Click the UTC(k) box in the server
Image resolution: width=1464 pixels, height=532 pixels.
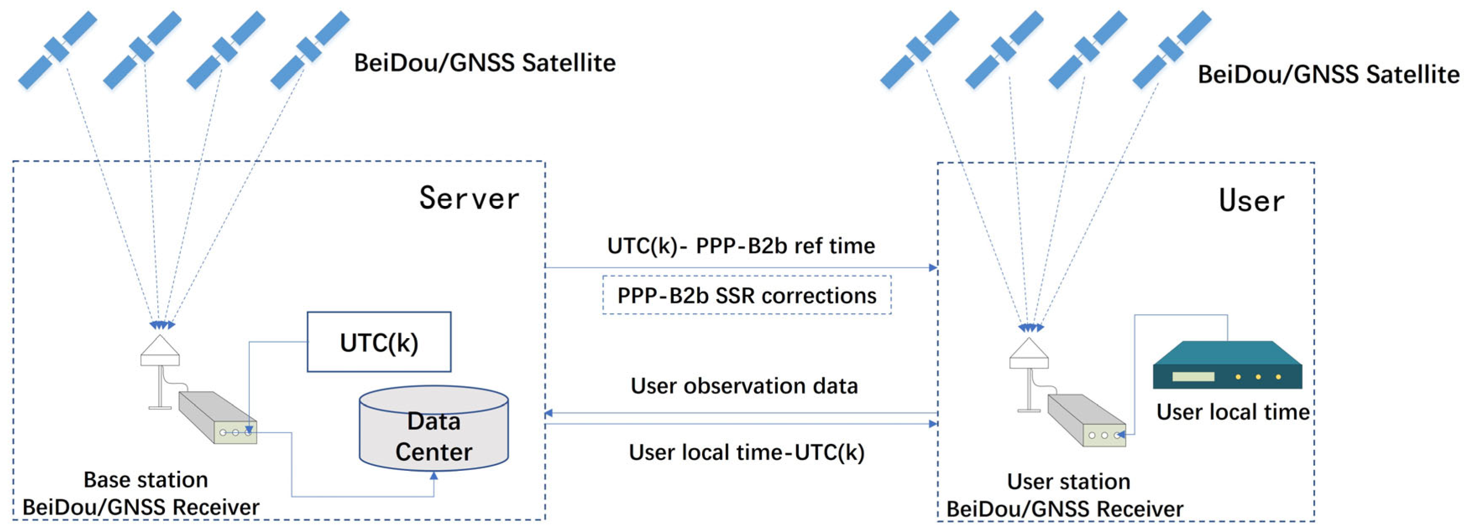pos(379,342)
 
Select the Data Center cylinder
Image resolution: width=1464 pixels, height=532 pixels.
pos(434,429)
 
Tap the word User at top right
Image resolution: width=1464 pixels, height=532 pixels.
pos(1251,201)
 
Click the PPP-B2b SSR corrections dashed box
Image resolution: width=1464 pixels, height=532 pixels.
pos(747,295)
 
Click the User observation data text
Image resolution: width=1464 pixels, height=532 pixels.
pos(744,386)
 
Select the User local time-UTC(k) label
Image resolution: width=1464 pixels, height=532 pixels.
pos(746,452)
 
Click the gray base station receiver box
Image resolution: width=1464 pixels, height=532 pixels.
pos(218,417)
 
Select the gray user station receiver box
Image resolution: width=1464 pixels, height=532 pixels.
pos(1086,420)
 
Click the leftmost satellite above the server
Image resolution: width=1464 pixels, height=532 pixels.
pos(57,50)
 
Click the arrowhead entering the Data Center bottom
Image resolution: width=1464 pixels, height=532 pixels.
pos(434,476)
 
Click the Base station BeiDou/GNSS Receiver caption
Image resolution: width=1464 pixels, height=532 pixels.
pos(142,493)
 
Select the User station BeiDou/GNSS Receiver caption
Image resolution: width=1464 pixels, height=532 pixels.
pos(1065,495)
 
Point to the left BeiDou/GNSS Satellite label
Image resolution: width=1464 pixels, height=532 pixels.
pos(484,63)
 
